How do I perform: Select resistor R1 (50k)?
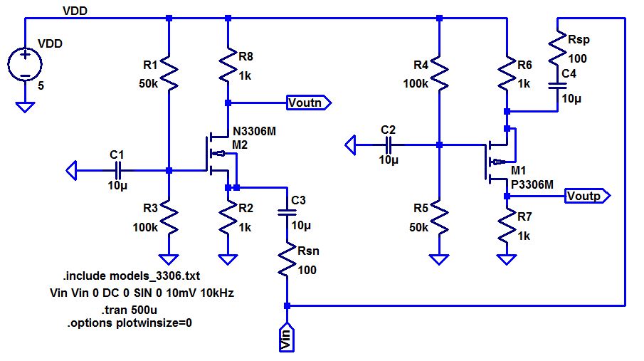pos(169,73)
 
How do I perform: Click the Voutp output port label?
pos(587,195)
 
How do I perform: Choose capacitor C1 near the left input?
pos(118,170)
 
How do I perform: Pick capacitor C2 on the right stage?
pos(389,145)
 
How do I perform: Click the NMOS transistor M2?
pos(218,153)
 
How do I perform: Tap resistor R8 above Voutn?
pos(227,66)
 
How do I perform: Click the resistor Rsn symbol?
pos(287,261)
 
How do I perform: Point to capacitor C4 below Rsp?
pos(555,85)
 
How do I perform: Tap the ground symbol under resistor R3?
pos(169,259)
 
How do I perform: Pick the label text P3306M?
pos(532,184)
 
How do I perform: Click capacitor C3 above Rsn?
pos(287,211)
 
